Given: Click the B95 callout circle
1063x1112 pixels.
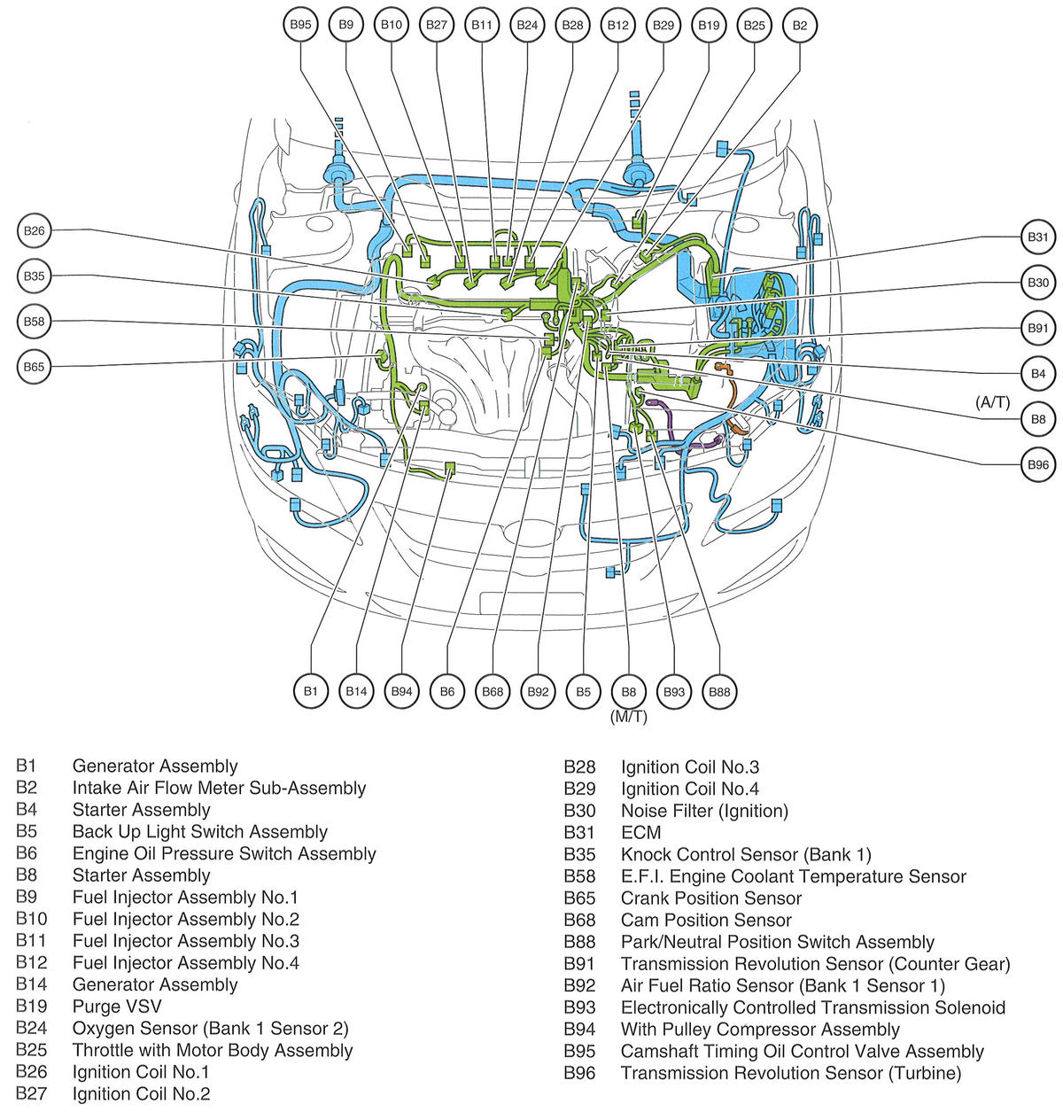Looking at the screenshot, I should pyautogui.click(x=301, y=25).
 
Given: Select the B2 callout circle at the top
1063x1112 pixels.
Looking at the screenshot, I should pyautogui.click(x=800, y=25).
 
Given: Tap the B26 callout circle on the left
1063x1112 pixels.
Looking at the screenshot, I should pyautogui.click(x=34, y=231).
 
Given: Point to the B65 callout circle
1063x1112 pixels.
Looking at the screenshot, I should pyautogui.click(x=34, y=367).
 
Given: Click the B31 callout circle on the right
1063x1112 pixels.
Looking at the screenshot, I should pyautogui.click(x=1037, y=237).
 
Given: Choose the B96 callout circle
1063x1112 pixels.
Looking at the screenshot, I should pyautogui.click(x=1037, y=464).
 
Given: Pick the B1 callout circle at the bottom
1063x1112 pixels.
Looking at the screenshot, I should pyautogui.click(x=310, y=691).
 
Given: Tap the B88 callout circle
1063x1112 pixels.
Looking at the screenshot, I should pyautogui.click(x=719, y=691).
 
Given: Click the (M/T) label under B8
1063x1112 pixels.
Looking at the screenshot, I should pyautogui.click(x=628, y=717).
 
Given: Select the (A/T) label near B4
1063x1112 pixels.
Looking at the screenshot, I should pyautogui.click(x=992, y=402).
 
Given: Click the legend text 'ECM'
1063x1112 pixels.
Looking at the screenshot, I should pyautogui.click(x=640, y=832).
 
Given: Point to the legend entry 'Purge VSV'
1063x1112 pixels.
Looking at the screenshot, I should pyautogui.click(x=117, y=1007).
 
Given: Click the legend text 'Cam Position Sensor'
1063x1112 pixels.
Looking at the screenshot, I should pyautogui.click(x=706, y=920).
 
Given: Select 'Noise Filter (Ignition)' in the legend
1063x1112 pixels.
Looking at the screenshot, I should pyautogui.click(x=704, y=811).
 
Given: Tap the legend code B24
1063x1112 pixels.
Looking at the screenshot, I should pyautogui.click(x=31, y=1029).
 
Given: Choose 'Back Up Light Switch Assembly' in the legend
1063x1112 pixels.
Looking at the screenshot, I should pyautogui.click(x=200, y=832).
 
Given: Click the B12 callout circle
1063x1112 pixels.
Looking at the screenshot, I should pyautogui.click(x=618, y=25).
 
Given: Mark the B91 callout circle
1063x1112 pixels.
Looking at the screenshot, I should pyautogui.click(x=1037, y=328).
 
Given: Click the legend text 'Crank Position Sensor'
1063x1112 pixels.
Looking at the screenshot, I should pyautogui.click(x=711, y=898).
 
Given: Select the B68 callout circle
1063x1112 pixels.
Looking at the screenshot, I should pyautogui.click(x=493, y=691).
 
